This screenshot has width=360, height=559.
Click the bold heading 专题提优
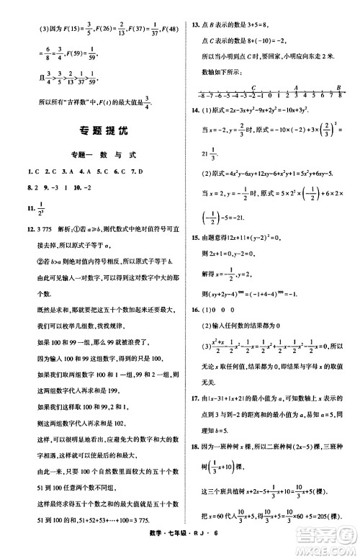93,132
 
